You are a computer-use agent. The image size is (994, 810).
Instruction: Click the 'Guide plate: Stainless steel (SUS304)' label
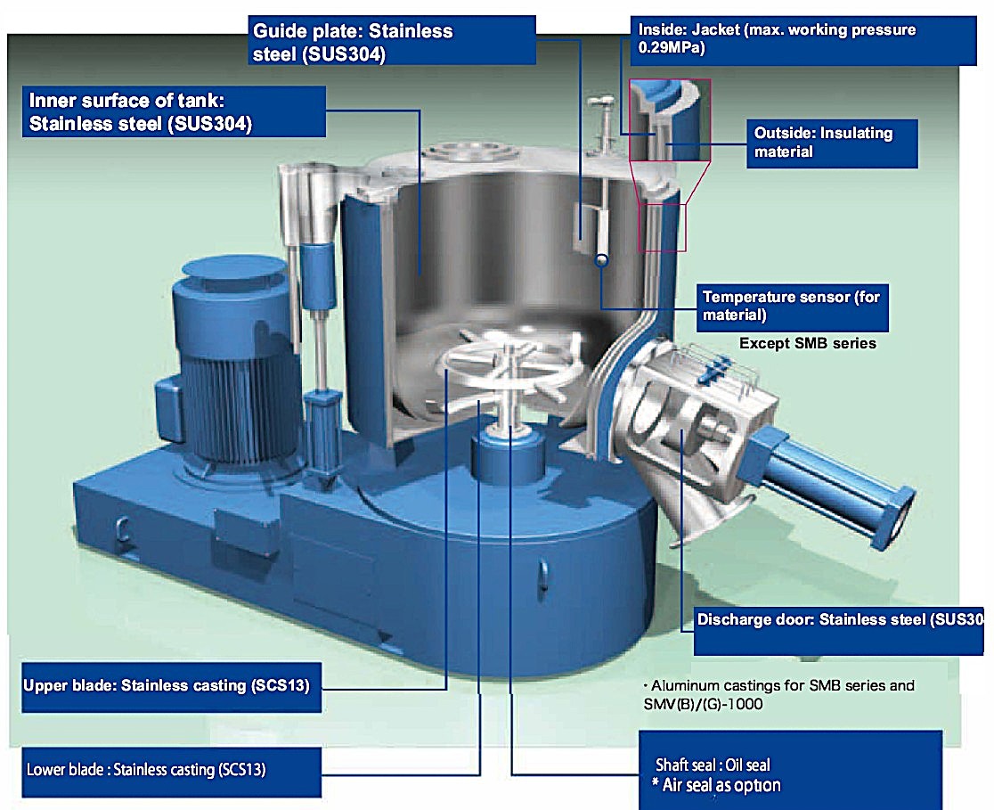tap(392, 41)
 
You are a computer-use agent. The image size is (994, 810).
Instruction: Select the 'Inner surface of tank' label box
tap(174, 111)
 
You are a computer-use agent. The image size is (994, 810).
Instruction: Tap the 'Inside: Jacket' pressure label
tap(803, 41)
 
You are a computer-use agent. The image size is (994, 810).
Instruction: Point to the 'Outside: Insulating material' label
tap(832, 143)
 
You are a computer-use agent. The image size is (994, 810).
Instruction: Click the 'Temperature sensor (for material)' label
tap(793, 307)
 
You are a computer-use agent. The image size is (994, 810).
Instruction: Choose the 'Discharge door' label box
tap(839, 631)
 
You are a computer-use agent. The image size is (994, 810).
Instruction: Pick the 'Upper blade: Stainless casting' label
tap(171, 688)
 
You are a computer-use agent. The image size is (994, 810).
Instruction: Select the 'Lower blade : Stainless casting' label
tap(171, 772)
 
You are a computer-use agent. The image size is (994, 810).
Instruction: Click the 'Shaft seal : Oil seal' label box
tap(791, 770)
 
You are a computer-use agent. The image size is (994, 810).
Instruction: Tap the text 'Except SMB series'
tap(808, 343)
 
